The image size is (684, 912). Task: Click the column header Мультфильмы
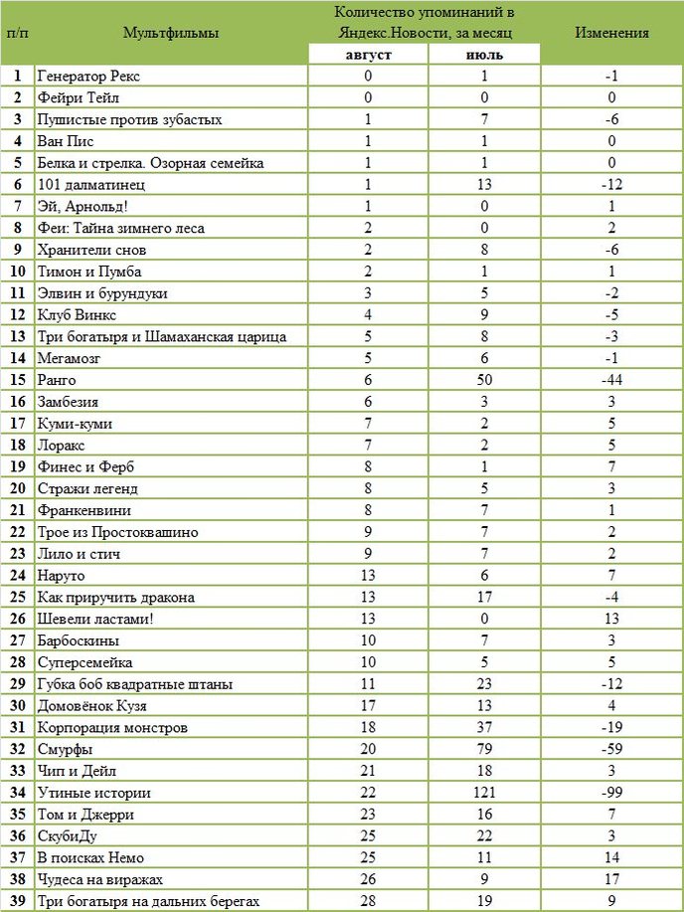[x=171, y=32]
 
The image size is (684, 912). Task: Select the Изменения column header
[x=611, y=32]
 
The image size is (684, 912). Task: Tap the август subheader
[x=369, y=54]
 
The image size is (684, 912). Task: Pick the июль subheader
[x=484, y=54]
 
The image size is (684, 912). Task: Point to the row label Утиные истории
[x=93, y=793]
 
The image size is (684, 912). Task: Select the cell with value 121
[x=484, y=793]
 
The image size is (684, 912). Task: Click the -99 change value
[x=611, y=793]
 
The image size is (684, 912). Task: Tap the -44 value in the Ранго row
[x=611, y=380]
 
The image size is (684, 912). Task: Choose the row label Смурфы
[x=65, y=749]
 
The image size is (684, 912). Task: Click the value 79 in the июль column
[x=484, y=749]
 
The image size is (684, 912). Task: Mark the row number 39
[x=17, y=901]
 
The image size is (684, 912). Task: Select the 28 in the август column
[x=369, y=901]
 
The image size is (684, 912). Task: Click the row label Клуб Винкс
[x=77, y=315]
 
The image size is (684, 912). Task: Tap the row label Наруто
[x=61, y=576]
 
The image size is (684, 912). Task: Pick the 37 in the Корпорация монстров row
[x=484, y=728]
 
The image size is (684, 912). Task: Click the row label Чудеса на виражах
[x=99, y=879]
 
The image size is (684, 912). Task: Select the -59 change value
[x=611, y=749]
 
